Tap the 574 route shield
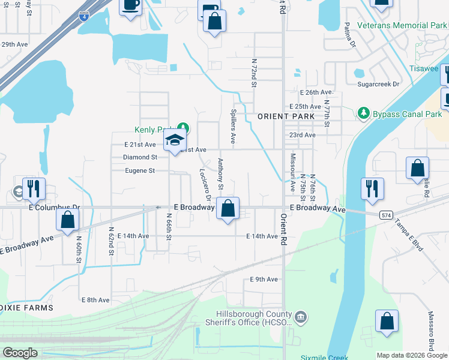click(387, 214)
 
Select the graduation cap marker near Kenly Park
click(175, 141)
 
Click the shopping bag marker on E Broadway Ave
click(228, 209)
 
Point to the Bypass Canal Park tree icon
click(363, 113)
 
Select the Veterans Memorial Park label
click(402, 25)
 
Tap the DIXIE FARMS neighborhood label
click(26, 307)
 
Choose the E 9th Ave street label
click(264, 279)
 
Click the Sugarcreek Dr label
click(378, 84)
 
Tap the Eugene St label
click(139, 170)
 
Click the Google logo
click(20, 353)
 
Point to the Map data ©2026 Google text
click(412, 355)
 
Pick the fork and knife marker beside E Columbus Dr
click(34, 188)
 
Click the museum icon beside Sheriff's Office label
click(301, 316)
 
